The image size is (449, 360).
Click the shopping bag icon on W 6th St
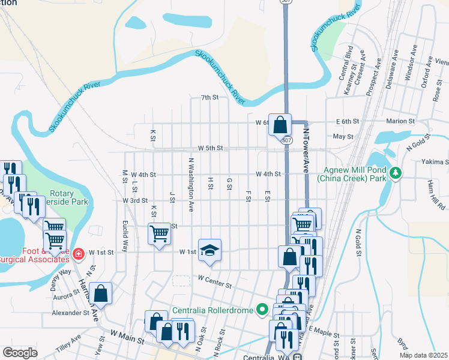coord(280,125)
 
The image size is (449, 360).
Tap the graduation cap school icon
coord(209,250)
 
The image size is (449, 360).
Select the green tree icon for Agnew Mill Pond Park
coord(395,173)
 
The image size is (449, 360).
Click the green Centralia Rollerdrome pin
coord(262,310)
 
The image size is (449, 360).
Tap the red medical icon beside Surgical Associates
coord(77,255)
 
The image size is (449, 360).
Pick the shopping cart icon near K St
coord(160,233)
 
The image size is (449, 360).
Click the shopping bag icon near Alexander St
coord(101,294)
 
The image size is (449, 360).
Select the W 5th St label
coord(211,148)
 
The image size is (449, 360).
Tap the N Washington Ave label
coord(191,177)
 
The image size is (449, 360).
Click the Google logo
coord(20,352)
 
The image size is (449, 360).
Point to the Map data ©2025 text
coord(423,355)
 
